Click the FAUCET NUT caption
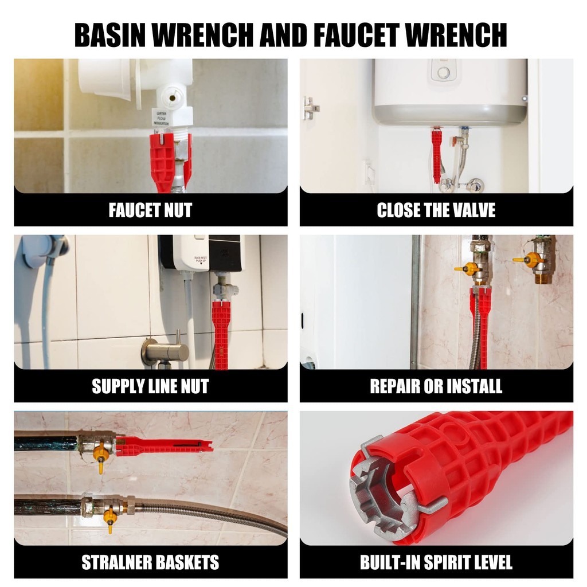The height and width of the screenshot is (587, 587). (151, 210)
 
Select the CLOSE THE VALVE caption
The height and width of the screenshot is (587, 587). (436, 210)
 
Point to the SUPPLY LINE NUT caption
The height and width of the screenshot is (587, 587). (151, 386)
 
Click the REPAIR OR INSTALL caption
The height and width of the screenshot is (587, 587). (436, 386)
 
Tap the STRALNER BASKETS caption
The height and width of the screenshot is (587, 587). (151, 562)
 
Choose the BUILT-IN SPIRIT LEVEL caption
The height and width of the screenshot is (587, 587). (436, 562)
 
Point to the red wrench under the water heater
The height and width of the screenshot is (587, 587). (436, 155)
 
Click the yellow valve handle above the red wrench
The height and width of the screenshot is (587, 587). (464, 269)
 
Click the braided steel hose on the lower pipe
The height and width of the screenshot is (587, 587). (210, 516)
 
